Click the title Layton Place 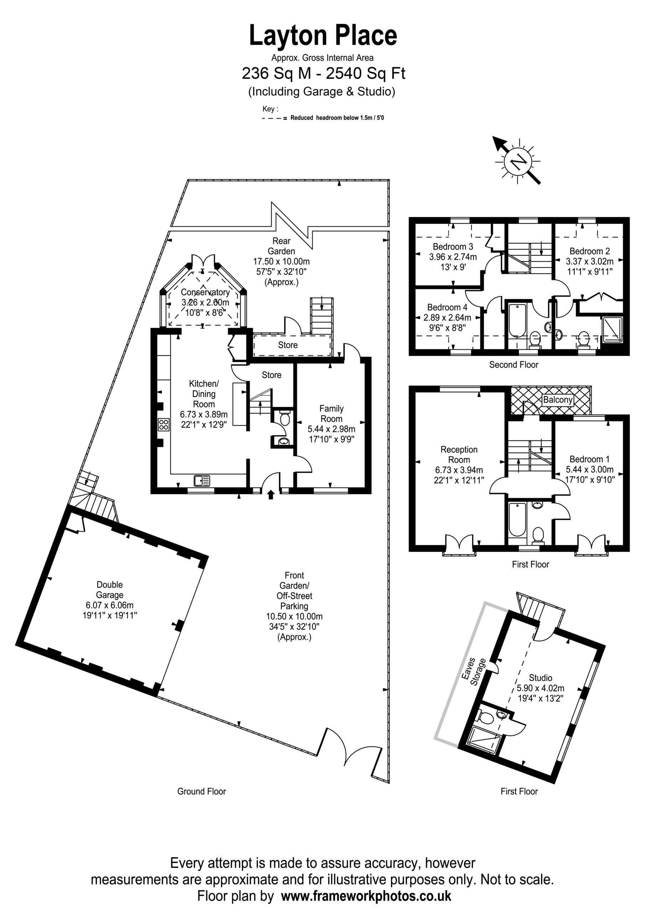point(323,35)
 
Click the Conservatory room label point(205,292)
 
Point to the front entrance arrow point(271,494)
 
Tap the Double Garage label point(110,590)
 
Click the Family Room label point(331,414)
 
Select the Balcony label point(558,400)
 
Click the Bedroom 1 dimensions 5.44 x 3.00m point(590,469)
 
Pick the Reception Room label point(459,455)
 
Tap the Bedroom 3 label point(453,246)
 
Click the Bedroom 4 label point(448,307)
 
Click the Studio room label point(541,677)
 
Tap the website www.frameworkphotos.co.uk point(366,896)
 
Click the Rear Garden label point(282,246)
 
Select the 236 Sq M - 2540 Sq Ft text point(324,73)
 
